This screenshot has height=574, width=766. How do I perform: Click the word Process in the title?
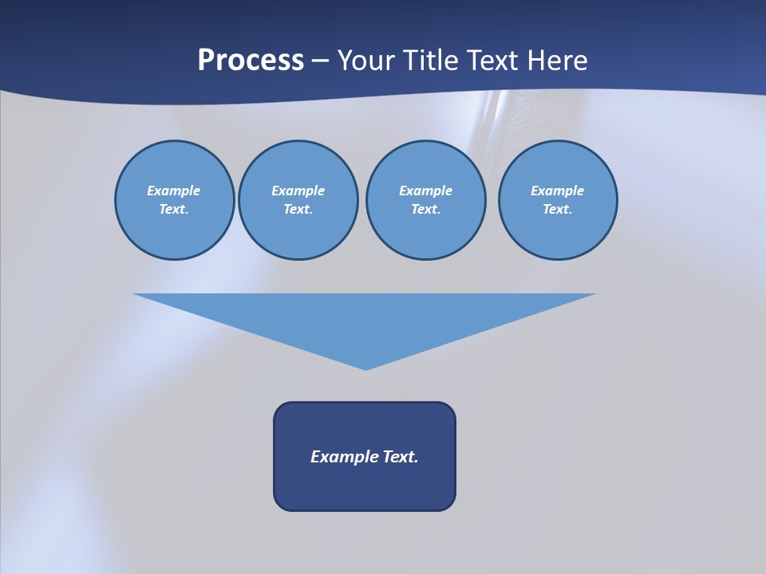coord(251,61)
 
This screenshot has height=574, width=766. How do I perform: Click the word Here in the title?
coord(560,61)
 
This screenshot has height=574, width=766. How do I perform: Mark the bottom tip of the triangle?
coord(366,368)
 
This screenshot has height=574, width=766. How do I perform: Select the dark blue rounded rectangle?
coord(365,486)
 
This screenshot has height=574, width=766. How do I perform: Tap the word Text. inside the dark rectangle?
coord(401,457)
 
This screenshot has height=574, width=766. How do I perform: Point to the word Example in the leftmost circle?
coord(174,191)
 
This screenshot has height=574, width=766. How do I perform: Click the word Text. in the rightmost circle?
coord(558,209)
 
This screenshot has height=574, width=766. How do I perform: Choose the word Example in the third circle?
coord(425,191)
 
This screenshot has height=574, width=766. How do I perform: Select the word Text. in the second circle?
coord(298,209)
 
